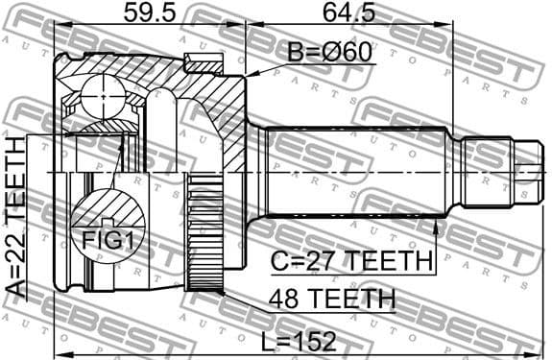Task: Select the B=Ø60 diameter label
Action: tap(327, 49)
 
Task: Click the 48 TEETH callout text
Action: tap(332, 299)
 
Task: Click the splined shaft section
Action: tap(355, 173)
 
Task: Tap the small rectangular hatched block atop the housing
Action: tap(203, 64)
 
